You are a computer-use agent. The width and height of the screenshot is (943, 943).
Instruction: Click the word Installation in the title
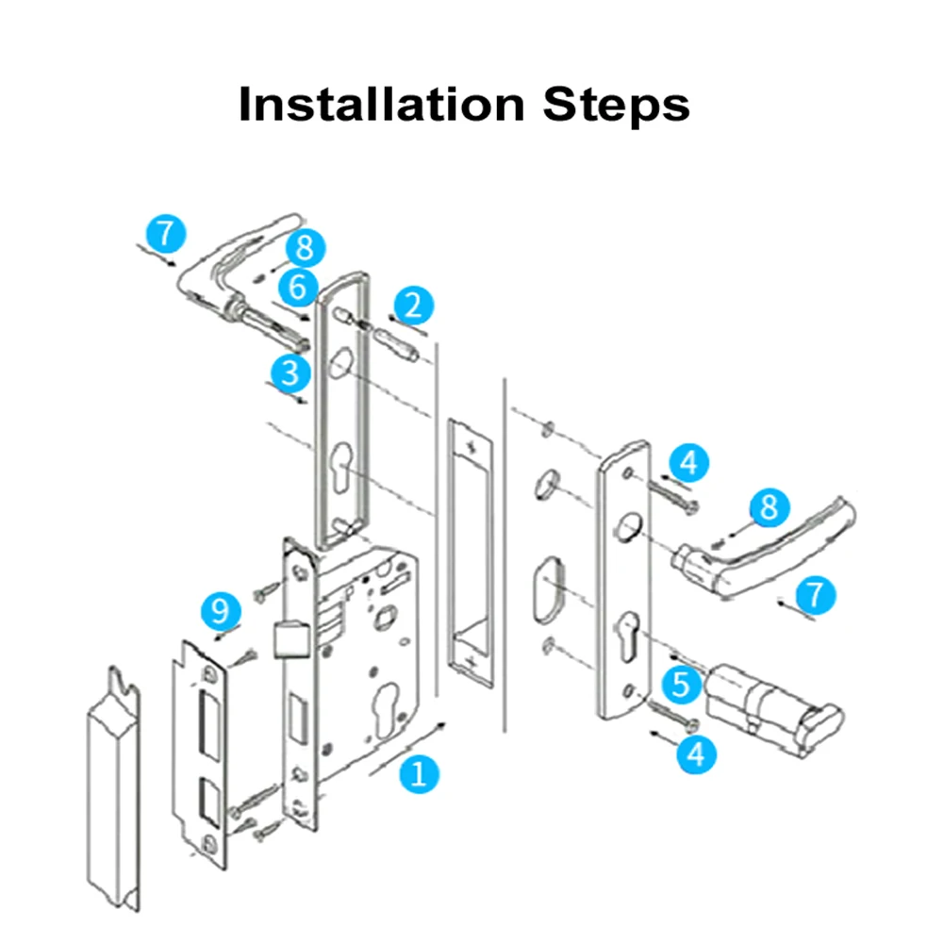[x=382, y=104]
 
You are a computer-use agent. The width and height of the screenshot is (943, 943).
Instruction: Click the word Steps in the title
[x=616, y=105]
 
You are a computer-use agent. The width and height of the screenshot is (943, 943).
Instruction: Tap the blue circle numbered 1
[x=420, y=773]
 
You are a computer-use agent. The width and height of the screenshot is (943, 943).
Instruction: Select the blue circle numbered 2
[x=413, y=305]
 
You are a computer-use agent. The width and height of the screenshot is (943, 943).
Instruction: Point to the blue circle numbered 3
[x=290, y=372]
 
